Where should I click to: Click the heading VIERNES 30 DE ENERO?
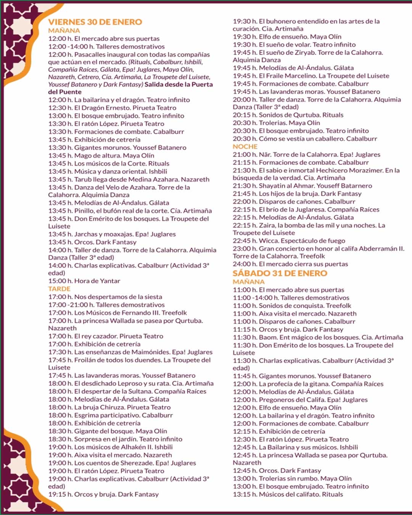click(x=95, y=22)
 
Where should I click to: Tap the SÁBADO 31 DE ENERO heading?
click(x=280, y=273)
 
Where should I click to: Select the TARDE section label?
click(x=59, y=289)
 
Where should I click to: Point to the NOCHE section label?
click(x=245, y=146)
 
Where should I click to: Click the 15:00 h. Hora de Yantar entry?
click(x=84, y=281)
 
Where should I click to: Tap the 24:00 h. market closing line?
click(x=290, y=264)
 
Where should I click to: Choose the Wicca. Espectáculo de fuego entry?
click(x=289, y=241)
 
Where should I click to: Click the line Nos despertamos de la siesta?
click(x=105, y=297)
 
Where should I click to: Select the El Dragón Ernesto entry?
click(x=112, y=108)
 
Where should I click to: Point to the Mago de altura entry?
click(x=101, y=156)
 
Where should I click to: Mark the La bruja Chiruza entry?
click(x=109, y=407)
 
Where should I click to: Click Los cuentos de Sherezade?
click(x=122, y=463)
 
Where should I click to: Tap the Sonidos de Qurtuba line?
click(x=288, y=115)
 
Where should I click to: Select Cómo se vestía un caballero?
click(x=305, y=139)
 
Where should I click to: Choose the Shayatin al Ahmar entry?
click(x=302, y=186)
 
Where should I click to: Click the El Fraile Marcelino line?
click(x=311, y=76)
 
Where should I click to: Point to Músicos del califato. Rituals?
click(x=288, y=494)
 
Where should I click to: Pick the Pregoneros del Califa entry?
click(x=300, y=400)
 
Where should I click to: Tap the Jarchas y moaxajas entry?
click(x=112, y=234)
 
